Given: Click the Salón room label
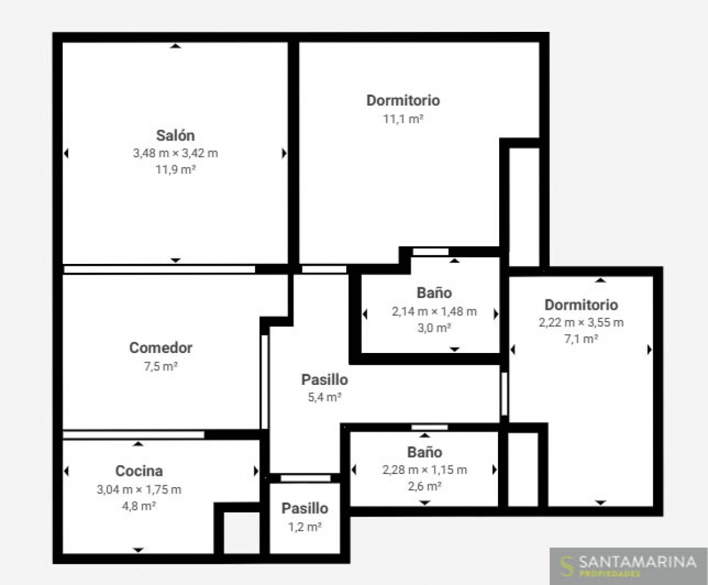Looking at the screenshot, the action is [x=175, y=135].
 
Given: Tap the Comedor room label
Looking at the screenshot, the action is [x=160, y=348].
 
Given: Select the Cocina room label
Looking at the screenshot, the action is [x=139, y=471].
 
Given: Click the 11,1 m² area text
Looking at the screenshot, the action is [x=403, y=119].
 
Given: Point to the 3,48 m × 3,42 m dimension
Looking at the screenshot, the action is [x=175, y=153].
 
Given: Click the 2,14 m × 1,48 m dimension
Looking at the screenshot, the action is [x=434, y=312].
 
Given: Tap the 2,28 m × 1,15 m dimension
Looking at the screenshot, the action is [x=425, y=470].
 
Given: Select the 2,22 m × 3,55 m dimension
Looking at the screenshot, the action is [x=581, y=322].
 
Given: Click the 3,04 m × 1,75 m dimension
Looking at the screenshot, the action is [x=139, y=489].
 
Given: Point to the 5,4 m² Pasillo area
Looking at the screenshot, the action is [x=324, y=397].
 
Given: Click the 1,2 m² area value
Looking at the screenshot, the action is [x=305, y=527].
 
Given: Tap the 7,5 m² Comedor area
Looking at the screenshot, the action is [x=160, y=367].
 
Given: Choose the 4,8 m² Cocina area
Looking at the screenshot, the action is [x=139, y=506].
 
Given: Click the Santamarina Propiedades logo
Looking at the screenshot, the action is [x=628, y=566].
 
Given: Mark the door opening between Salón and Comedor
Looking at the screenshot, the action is [x=159, y=269].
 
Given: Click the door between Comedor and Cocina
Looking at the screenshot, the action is [x=133, y=435].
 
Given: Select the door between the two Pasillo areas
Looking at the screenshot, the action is [x=306, y=478].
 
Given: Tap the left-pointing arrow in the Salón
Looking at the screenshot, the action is [x=66, y=153].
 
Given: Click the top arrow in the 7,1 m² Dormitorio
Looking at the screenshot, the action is [x=601, y=280].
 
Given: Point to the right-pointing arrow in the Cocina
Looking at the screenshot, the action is [x=256, y=471].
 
